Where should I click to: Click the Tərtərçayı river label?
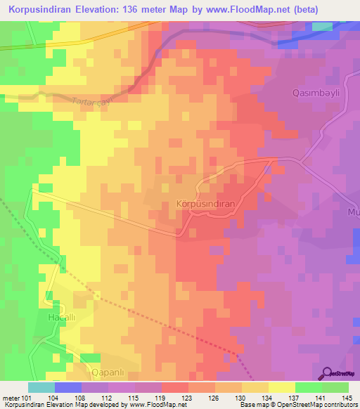[94, 102]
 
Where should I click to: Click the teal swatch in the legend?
[41, 387]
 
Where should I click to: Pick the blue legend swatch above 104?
[68, 387]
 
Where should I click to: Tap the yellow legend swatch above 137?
[282, 387]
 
